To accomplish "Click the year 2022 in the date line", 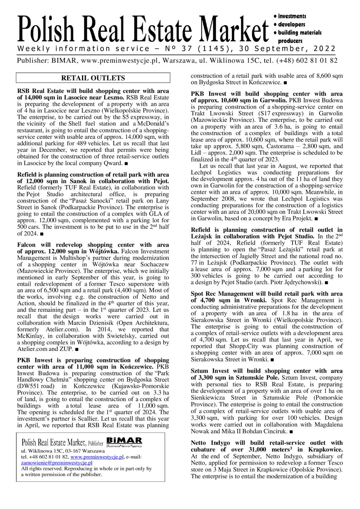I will [325, 49].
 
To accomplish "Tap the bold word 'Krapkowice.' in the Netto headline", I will [327, 450].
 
